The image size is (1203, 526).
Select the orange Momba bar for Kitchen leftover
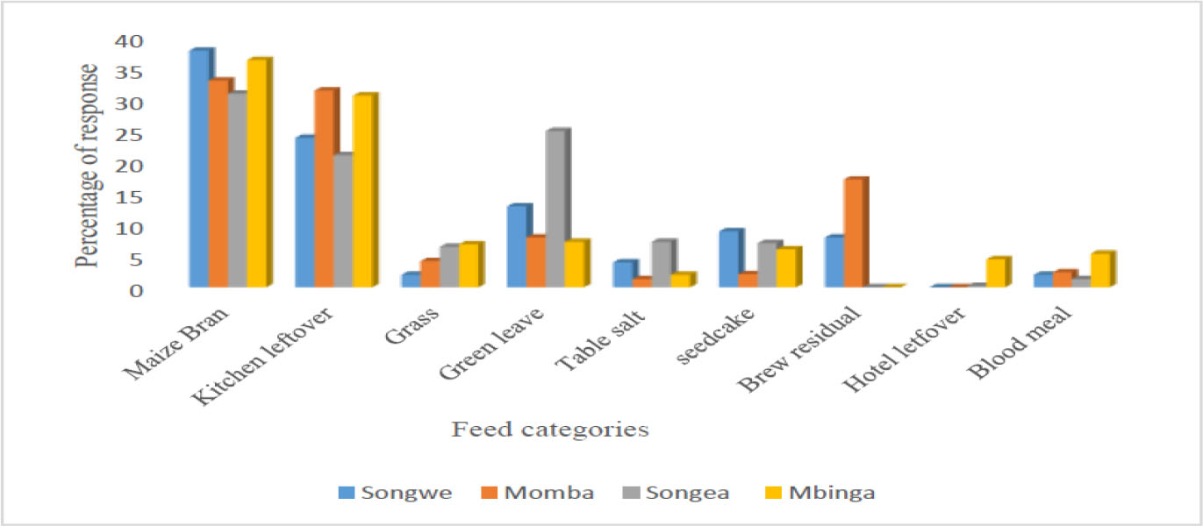(x=325, y=188)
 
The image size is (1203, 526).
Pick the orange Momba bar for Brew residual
(x=854, y=232)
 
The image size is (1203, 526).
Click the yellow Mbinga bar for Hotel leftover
(x=997, y=273)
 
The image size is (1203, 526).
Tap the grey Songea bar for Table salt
(x=662, y=264)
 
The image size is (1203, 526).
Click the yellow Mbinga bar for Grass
(x=469, y=265)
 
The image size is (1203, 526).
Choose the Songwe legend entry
(x=396, y=492)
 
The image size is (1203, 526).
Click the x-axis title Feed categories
(x=550, y=430)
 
